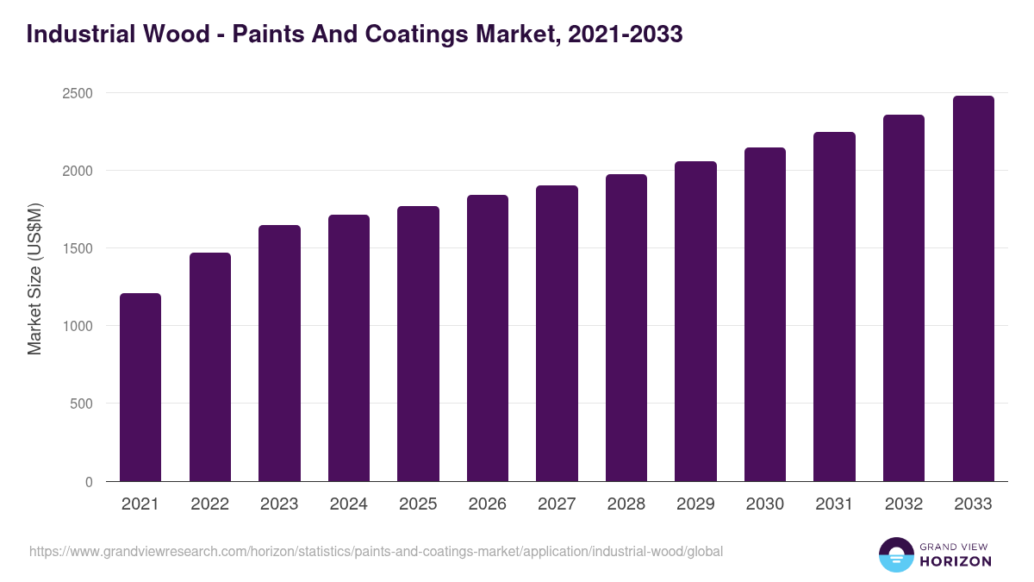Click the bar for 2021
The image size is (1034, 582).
(x=140, y=387)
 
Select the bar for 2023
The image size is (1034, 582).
(x=279, y=354)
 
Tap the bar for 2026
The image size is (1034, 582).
(x=488, y=338)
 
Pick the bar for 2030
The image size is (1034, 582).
(x=765, y=315)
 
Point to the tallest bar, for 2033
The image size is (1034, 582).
(x=973, y=289)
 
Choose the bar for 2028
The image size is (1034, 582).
(x=626, y=328)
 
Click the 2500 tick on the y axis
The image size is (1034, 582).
(x=76, y=93)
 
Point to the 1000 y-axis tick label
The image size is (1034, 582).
(x=76, y=326)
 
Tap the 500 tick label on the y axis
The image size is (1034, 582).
(x=80, y=404)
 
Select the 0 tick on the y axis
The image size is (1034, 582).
(x=89, y=482)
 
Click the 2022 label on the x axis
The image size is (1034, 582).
(x=209, y=504)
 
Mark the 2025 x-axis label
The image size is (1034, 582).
(x=418, y=504)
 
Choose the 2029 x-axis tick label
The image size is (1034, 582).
(x=695, y=504)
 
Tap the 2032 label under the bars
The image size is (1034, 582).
(x=903, y=504)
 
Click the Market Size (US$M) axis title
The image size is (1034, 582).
(x=34, y=279)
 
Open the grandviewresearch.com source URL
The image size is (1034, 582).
(x=376, y=551)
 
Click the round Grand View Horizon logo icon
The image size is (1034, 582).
(x=895, y=554)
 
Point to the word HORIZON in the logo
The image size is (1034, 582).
(x=956, y=561)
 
